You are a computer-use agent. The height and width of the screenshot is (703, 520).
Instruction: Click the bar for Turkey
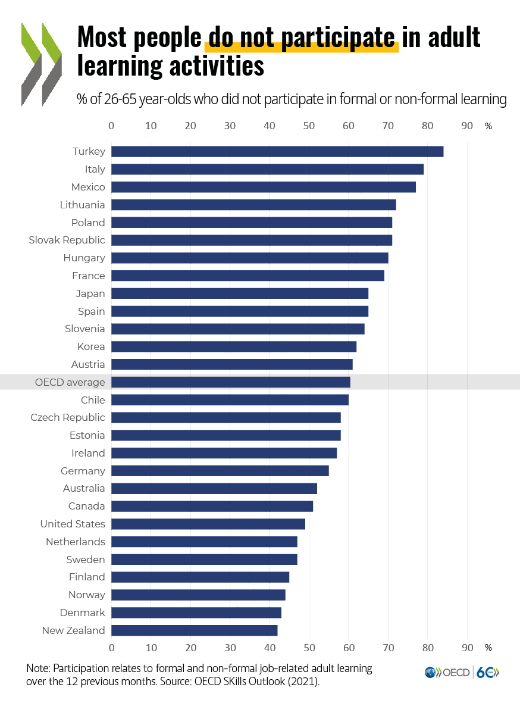point(277,152)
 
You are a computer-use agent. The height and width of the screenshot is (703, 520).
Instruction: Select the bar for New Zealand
point(195,630)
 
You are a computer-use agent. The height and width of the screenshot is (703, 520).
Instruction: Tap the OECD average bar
point(231,382)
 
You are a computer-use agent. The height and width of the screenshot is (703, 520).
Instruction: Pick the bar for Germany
point(220,471)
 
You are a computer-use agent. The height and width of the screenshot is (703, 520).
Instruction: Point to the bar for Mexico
point(264,187)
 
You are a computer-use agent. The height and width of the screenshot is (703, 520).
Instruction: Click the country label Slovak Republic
point(67,240)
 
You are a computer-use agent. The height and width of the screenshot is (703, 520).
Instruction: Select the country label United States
point(73,524)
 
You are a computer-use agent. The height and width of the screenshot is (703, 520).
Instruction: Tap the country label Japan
point(90,293)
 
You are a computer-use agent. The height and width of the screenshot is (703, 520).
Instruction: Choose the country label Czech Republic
point(68,418)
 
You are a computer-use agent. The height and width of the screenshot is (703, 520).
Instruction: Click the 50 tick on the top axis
point(309,126)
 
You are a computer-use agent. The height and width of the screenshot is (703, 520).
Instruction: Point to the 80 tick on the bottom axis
point(428,648)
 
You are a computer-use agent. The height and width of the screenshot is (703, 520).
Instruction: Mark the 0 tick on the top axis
point(111,126)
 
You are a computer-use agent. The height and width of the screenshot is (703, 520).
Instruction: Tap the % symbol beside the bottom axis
point(488,648)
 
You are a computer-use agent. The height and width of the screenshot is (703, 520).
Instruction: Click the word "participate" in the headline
point(338,38)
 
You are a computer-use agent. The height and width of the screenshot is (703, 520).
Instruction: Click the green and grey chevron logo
point(42,64)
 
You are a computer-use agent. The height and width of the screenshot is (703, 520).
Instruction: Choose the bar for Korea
point(234,346)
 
